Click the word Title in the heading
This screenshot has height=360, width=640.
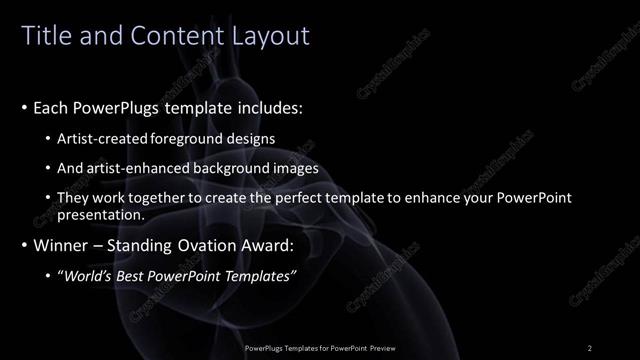click(x=46, y=37)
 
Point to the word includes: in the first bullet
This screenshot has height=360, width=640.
click(x=267, y=107)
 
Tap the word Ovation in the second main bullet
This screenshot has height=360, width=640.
click(x=212, y=245)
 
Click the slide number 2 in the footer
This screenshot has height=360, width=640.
click(x=590, y=348)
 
